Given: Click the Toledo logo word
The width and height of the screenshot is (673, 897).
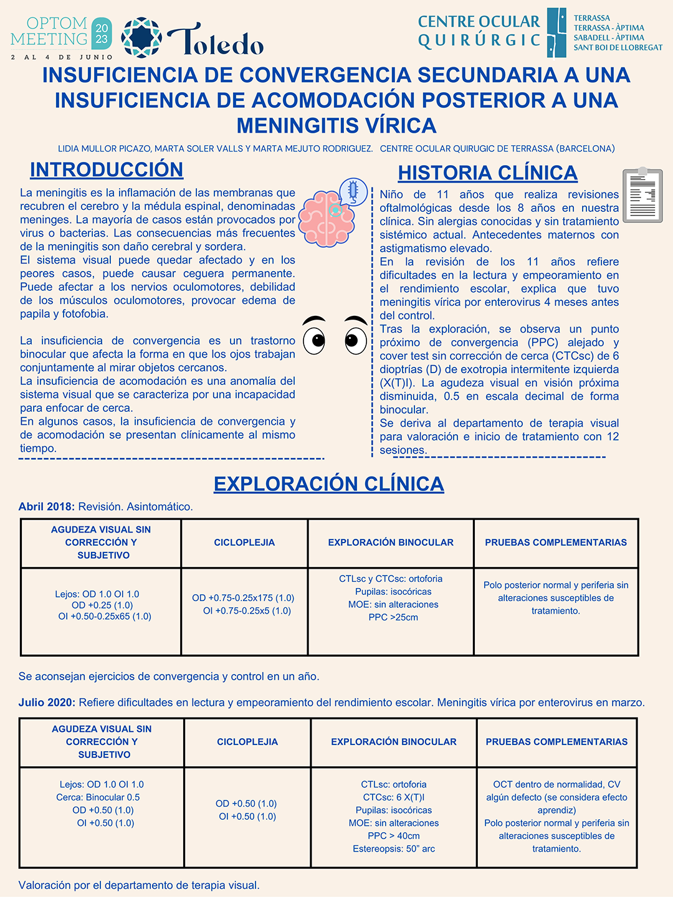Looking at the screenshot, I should coord(215,41).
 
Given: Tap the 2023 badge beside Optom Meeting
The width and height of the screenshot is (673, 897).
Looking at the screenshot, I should coord(102,34).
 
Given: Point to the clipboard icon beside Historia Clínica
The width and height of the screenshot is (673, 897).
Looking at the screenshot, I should coord(642,194).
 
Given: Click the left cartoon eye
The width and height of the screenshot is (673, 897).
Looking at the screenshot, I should coord(315,336).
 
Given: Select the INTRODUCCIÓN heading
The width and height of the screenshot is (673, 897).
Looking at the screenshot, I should coord(107,169).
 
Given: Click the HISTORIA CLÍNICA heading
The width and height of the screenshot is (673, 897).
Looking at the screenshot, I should coord(487,173).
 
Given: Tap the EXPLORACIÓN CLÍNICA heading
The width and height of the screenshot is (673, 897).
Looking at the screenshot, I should coord(328,483).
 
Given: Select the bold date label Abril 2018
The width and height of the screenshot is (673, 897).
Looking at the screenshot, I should coord(47,506).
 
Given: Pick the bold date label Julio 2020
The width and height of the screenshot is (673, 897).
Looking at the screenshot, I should coord(47,702).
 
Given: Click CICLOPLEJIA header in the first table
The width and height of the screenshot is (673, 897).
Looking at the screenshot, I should coord(244,543).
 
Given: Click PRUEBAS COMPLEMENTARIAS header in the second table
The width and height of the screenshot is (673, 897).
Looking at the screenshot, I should coord(556,741).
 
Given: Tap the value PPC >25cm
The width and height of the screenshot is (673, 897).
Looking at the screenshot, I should coord(393,617).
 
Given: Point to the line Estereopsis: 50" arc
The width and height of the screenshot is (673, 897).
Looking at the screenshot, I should coord(394,848).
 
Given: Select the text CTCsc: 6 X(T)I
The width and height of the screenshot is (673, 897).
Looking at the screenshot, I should coord(394,797).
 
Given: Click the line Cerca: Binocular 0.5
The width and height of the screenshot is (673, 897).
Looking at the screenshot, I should coord(98,797).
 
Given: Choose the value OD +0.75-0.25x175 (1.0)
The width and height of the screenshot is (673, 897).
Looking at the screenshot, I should coord(243,598).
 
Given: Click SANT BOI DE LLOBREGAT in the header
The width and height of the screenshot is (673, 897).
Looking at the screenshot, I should coord(618,47).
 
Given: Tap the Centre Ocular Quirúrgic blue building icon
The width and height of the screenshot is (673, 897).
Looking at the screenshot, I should coord(556,32).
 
